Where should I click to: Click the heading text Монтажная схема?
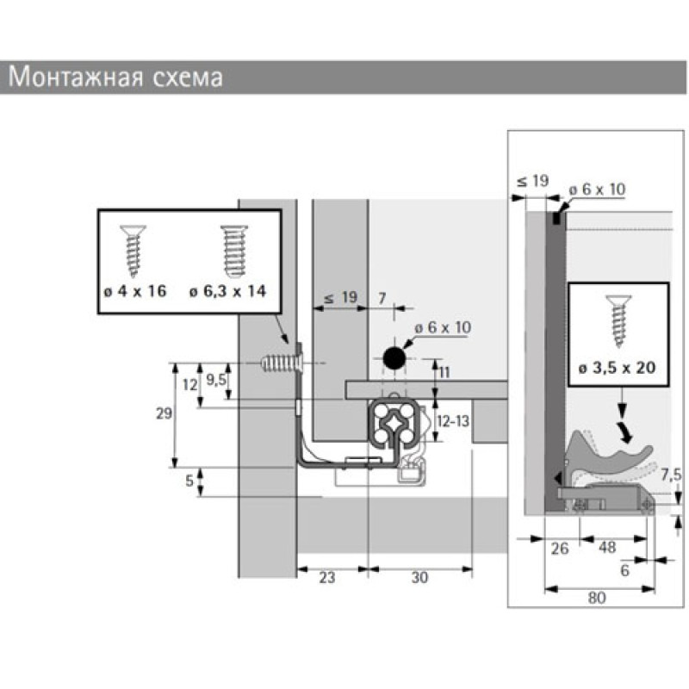click(x=115, y=77)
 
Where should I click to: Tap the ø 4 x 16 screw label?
click(x=135, y=291)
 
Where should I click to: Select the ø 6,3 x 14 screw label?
click(x=227, y=291)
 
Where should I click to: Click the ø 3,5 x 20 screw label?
click(x=618, y=368)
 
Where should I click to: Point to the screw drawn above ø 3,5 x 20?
click(x=618, y=320)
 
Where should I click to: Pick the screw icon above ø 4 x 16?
click(x=133, y=251)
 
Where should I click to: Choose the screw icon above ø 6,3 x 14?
click(x=233, y=251)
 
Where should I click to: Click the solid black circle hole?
click(x=394, y=358)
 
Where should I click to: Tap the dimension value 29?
click(x=164, y=413)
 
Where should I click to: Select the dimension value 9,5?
click(x=216, y=380)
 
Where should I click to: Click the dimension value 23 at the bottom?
click(x=327, y=577)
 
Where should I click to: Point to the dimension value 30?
click(x=419, y=577)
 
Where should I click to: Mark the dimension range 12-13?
click(x=453, y=421)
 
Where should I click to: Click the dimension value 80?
click(x=597, y=598)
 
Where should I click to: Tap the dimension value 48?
click(x=607, y=548)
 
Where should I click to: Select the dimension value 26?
click(x=559, y=549)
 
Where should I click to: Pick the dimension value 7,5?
click(x=672, y=475)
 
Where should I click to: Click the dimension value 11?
click(x=444, y=373)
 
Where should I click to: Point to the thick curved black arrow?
click(x=625, y=432)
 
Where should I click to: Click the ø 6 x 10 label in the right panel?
click(x=597, y=189)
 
